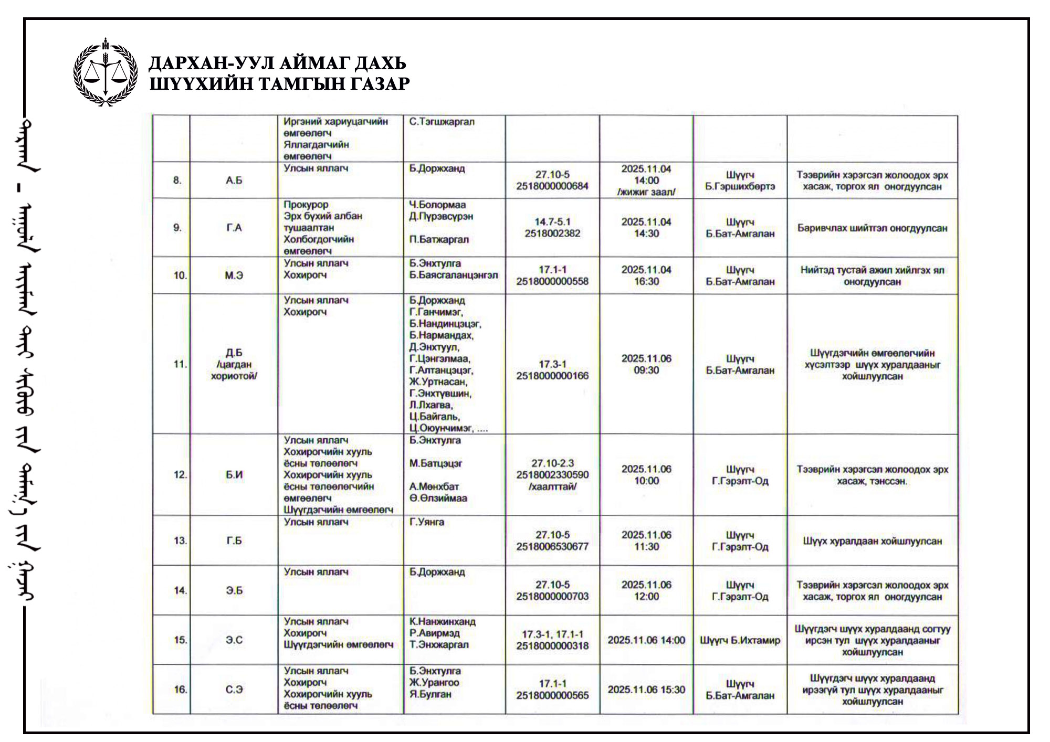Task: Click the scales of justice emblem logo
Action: click(106, 72)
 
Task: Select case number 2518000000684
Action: click(552, 186)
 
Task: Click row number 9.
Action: click(177, 228)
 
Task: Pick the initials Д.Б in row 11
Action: click(234, 353)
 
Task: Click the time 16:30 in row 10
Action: click(646, 281)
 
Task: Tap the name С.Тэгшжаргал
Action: click(442, 122)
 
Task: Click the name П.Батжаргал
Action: click(439, 239)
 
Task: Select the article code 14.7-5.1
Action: click(552, 222)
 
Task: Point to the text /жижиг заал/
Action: click(646, 192)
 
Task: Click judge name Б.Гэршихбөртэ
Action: click(740, 187)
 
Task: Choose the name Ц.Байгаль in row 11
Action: click(435, 417)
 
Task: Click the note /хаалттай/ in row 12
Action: click(552, 486)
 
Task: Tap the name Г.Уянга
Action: click(427, 522)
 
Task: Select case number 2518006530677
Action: click(552, 547)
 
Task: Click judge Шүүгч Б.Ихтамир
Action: click(740, 640)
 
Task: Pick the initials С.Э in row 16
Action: click(234, 690)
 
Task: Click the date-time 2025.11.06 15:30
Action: click(646, 690)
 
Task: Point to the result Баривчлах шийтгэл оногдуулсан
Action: click(872, 228)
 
